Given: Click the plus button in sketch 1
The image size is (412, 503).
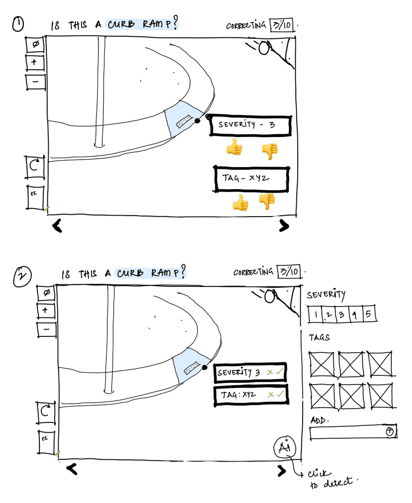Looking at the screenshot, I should point(35,62).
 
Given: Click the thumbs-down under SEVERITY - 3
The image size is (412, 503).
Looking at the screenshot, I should point(269,151).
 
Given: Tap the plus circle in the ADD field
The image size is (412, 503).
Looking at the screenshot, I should point(390,431).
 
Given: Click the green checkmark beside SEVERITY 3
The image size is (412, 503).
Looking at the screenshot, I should point(279,372).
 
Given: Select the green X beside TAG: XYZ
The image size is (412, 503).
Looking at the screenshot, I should point(270,394).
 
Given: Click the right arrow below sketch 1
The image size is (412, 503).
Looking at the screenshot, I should point(284,225).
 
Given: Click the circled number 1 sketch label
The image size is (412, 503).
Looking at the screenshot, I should point(18,25).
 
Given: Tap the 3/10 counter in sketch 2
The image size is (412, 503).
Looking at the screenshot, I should point(288,271).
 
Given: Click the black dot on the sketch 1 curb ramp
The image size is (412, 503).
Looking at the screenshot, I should point(198,120).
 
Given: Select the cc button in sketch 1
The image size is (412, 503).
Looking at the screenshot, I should point(34,197).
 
